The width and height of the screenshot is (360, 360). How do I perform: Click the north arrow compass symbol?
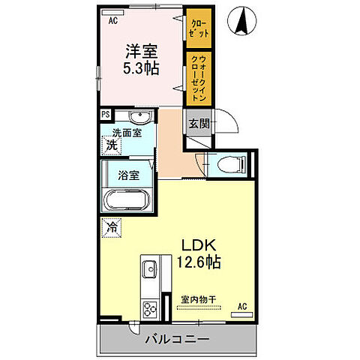[x=242, y=21]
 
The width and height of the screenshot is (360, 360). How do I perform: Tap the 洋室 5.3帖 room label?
[x=141, y=59]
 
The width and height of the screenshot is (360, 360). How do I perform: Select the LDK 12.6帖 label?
[x=199, y=253]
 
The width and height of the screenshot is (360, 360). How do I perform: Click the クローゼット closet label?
[x=199, y=28]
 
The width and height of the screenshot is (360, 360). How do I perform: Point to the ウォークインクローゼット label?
[x=199, y=78]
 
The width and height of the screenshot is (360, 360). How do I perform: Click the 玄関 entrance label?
[x=199, y=124]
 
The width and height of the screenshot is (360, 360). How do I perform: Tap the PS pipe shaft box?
[x=106, y=115]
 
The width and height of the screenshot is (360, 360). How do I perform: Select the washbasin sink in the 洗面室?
[x=140, y=116]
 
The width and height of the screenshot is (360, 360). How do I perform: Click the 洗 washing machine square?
[x=111, y=145]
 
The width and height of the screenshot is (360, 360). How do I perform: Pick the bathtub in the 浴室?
[x=127, y=200]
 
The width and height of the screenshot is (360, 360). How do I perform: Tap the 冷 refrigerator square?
[x=112, y=227]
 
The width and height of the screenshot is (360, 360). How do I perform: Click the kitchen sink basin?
[x=149, y=269]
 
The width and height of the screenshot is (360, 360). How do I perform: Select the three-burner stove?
[x=150, y=310]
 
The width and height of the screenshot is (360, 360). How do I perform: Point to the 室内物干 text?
[x=199, y=299]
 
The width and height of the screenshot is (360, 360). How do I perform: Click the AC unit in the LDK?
[x=241, y=315]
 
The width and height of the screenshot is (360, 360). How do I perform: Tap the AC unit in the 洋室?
[x=113, y=13]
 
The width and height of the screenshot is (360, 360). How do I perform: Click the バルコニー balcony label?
[x=177, y=339]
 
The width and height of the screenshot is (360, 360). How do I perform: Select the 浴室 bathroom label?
[x=128, y=175]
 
